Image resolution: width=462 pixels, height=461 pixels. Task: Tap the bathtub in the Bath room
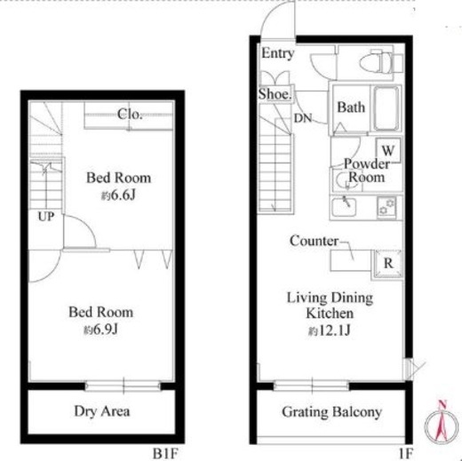(x=386, y=108)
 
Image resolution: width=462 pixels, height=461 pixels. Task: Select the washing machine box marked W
(x=388, y=150)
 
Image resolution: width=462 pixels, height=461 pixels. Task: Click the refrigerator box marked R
(x=388, y=263)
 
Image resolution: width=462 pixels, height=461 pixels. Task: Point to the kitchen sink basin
(x=344, y=207)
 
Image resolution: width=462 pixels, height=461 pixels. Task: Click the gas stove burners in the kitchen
(x=386, y=207)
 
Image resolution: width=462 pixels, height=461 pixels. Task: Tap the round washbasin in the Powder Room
(x=347, y=179)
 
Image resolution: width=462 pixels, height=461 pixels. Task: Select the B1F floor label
(x=165, y=453)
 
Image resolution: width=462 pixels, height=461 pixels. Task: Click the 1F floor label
(x=405, y=453)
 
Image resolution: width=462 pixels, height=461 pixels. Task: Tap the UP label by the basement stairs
(x=46, y=217)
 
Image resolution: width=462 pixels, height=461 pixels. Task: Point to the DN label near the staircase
(x=303, y=118)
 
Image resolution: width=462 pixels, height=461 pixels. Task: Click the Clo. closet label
(x=130, y=114)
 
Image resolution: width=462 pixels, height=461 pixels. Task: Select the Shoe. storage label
(x=275, y=94)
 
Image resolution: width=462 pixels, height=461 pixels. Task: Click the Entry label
(x=277, y=54)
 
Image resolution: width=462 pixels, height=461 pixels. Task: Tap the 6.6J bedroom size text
(x=118, y=195)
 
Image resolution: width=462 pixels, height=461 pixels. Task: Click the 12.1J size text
(x=330, y=330)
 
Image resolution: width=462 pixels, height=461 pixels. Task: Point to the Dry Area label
(x=102, y=411)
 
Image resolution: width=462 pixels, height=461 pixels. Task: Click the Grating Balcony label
(x=331, y=412)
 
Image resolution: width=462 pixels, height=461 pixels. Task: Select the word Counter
(x=314, y=241)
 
